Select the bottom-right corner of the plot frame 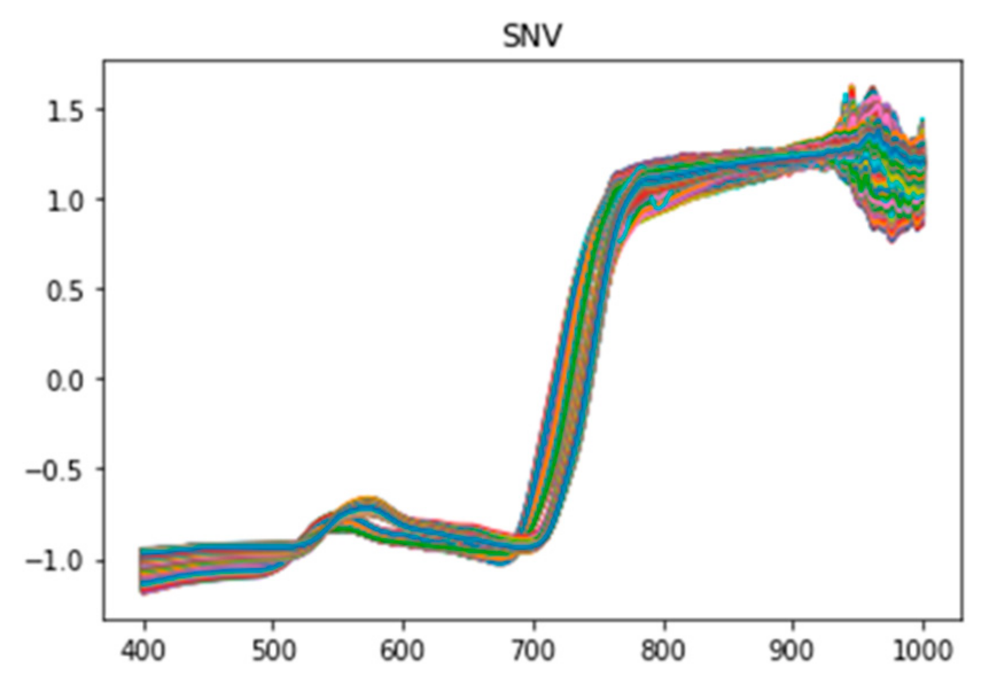[963, 620]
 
